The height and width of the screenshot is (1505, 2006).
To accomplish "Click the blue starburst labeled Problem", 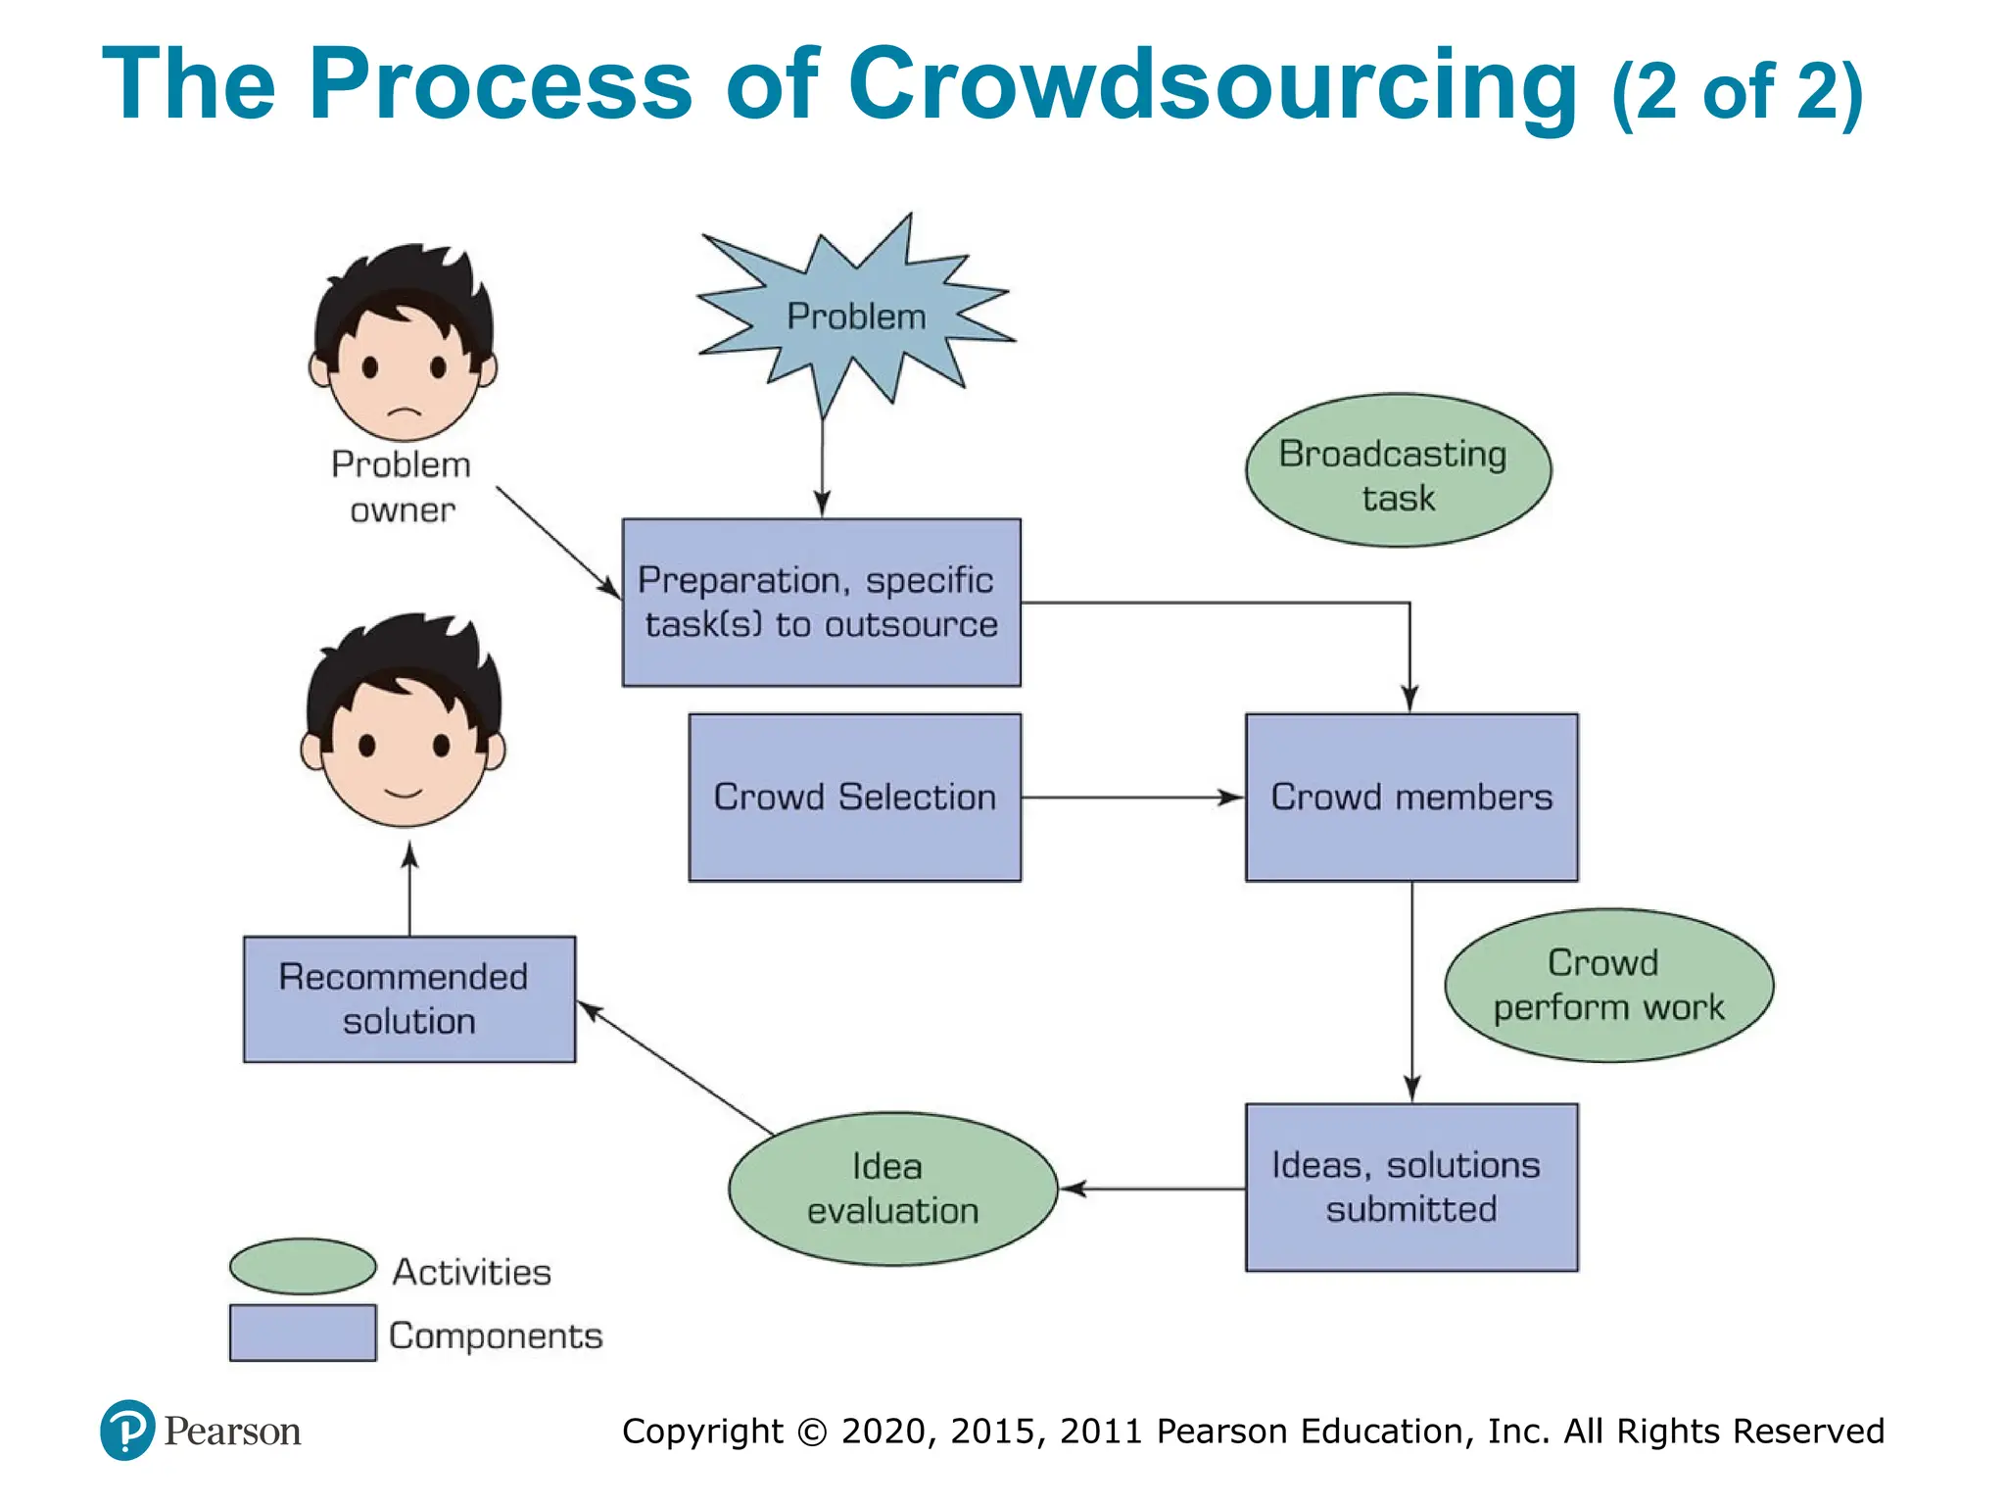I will tap(855, 316).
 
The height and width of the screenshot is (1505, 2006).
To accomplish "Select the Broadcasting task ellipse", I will tap(1398, 471).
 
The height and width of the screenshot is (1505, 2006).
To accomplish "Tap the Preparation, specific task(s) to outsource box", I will tap(821, 603).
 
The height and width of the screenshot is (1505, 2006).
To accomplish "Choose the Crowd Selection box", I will tap(854, 798).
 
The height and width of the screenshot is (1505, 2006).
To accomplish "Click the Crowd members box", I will tap(1411, 798).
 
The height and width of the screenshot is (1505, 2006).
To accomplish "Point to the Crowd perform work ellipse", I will tap(1608, 985).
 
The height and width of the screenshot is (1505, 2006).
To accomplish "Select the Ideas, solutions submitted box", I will tap(1411, 1188).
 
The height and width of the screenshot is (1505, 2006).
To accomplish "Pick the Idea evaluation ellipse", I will tap(892, 1189).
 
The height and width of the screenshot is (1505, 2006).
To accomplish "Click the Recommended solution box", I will tap(409, 999).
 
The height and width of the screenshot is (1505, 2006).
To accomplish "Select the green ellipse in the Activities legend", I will tap(303, 1266).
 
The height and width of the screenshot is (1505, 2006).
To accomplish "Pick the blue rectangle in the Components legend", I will tap(303, 1333).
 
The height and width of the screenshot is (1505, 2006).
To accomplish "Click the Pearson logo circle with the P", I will tap(127, 1431).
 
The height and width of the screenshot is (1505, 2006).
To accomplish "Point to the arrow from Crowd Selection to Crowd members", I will tap(1131, 798).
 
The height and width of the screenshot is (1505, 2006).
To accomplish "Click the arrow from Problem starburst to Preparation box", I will tap(823, 465).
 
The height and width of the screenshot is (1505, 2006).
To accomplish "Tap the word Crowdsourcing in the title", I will tap(1212, 86).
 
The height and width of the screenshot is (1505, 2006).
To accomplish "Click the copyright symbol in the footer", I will tap(812, 1432).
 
